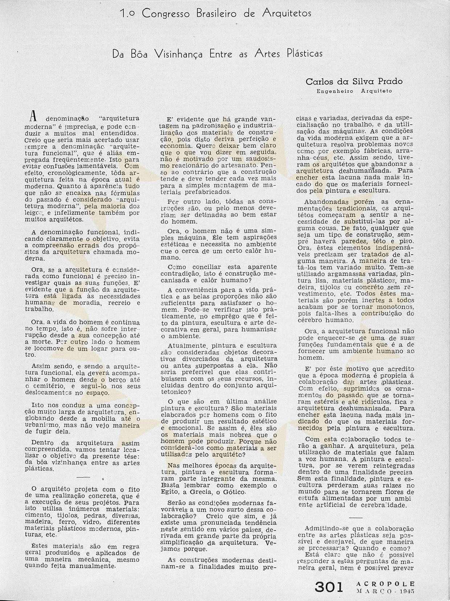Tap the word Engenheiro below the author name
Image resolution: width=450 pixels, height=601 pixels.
click(x=335, y=91)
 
